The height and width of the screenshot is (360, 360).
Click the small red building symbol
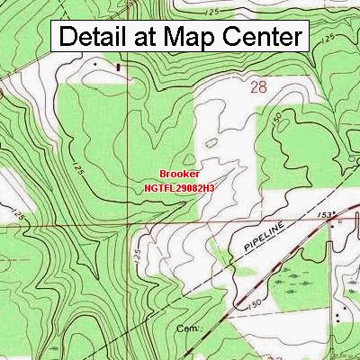119,67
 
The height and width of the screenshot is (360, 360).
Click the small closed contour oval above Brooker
211,141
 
